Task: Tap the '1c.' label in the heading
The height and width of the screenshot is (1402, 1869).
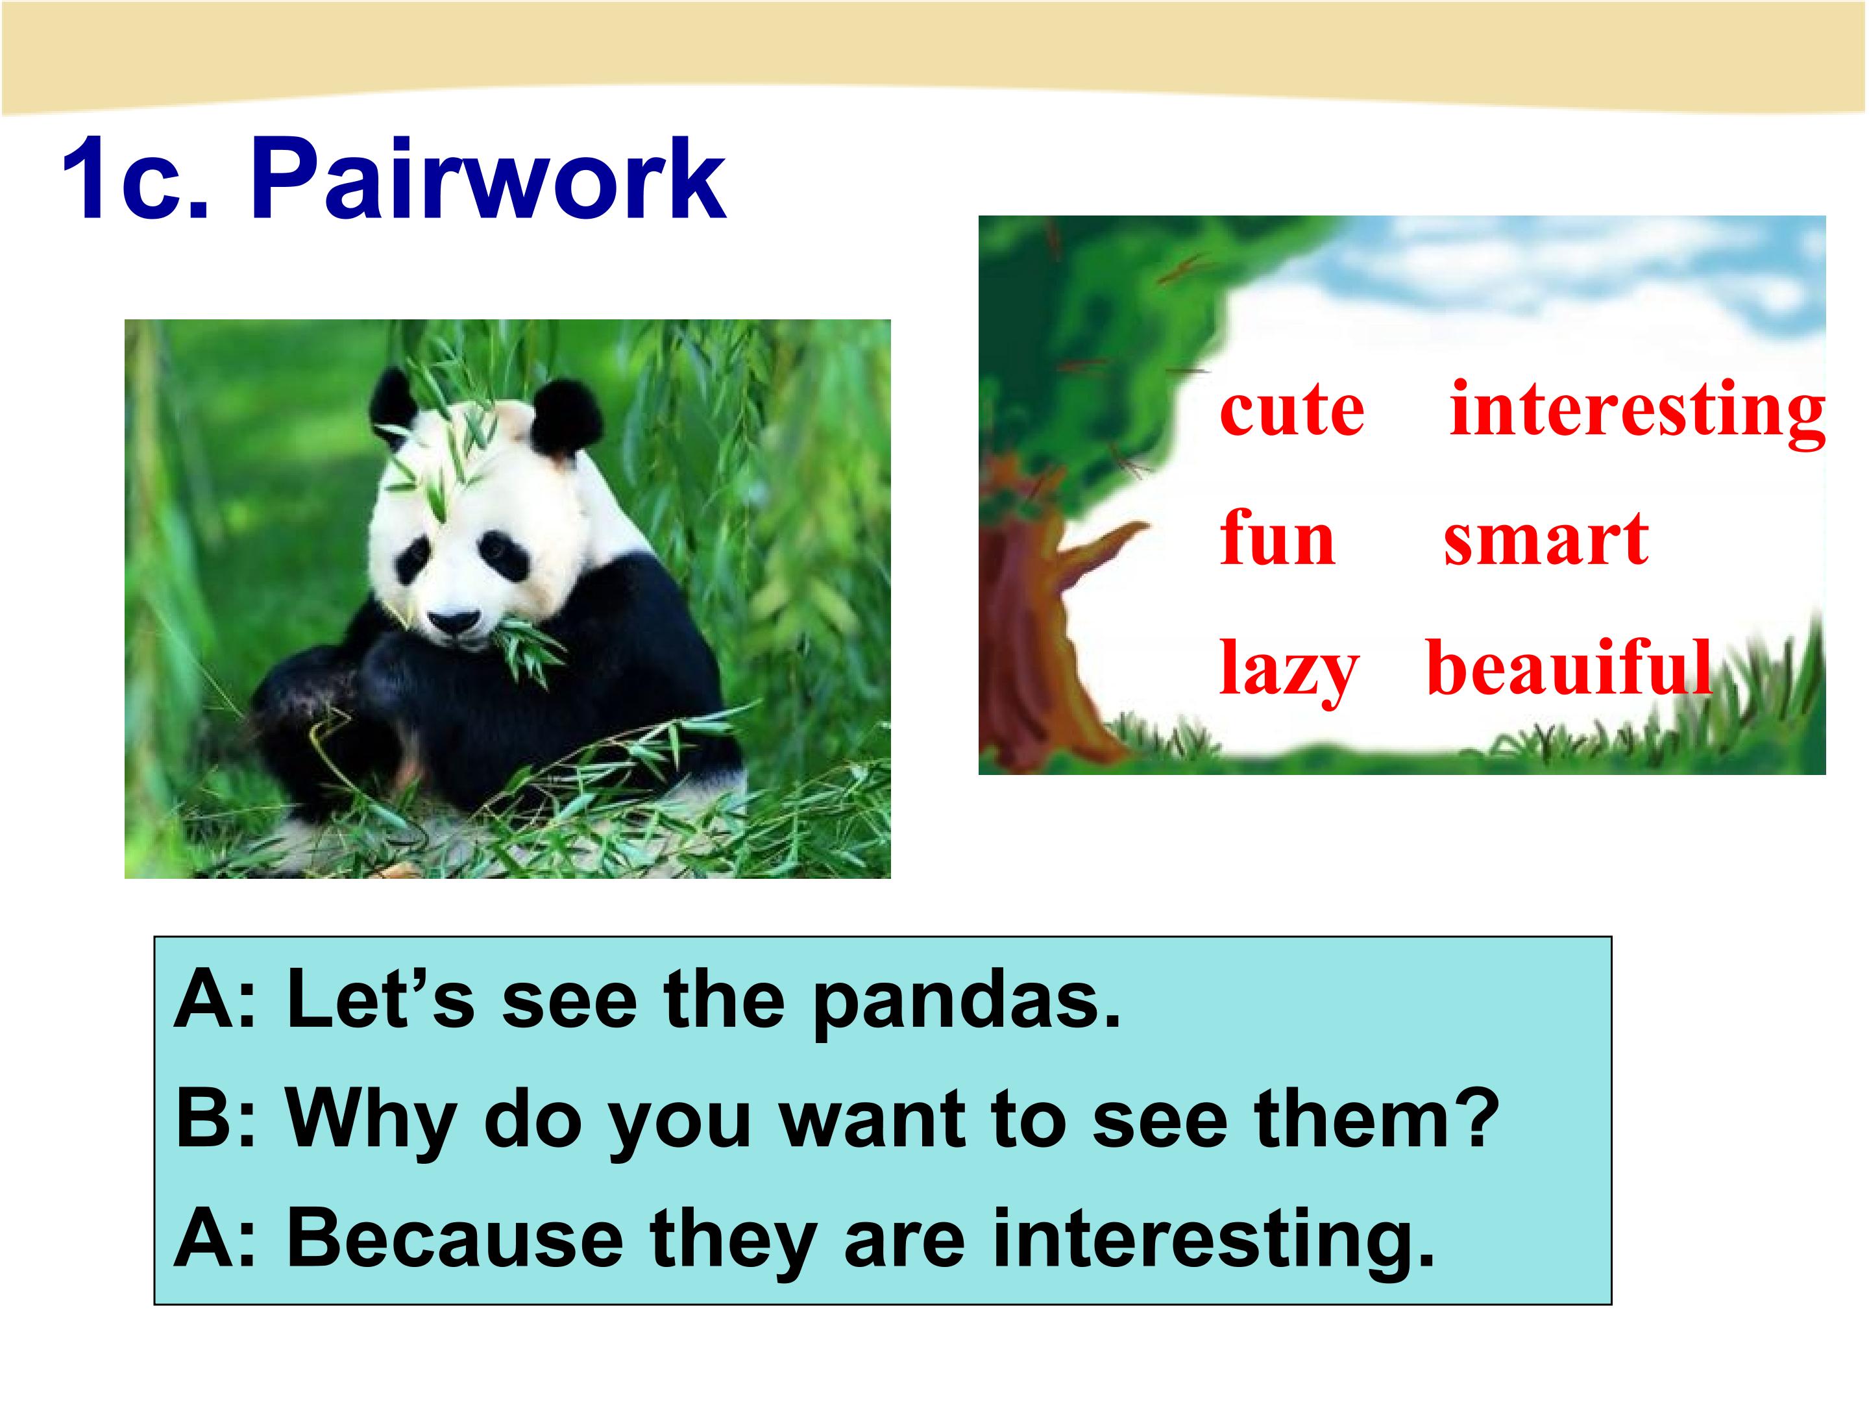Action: click(134, 178)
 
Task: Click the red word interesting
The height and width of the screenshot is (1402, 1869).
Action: click(1637, 412)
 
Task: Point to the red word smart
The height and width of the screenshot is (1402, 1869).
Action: click(1545, 540)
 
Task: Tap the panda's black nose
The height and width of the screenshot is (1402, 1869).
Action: click(457, 624)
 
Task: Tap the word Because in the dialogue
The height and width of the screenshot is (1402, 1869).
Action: click(454, 1239)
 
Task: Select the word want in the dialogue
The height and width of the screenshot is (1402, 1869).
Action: click(873, 1120)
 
